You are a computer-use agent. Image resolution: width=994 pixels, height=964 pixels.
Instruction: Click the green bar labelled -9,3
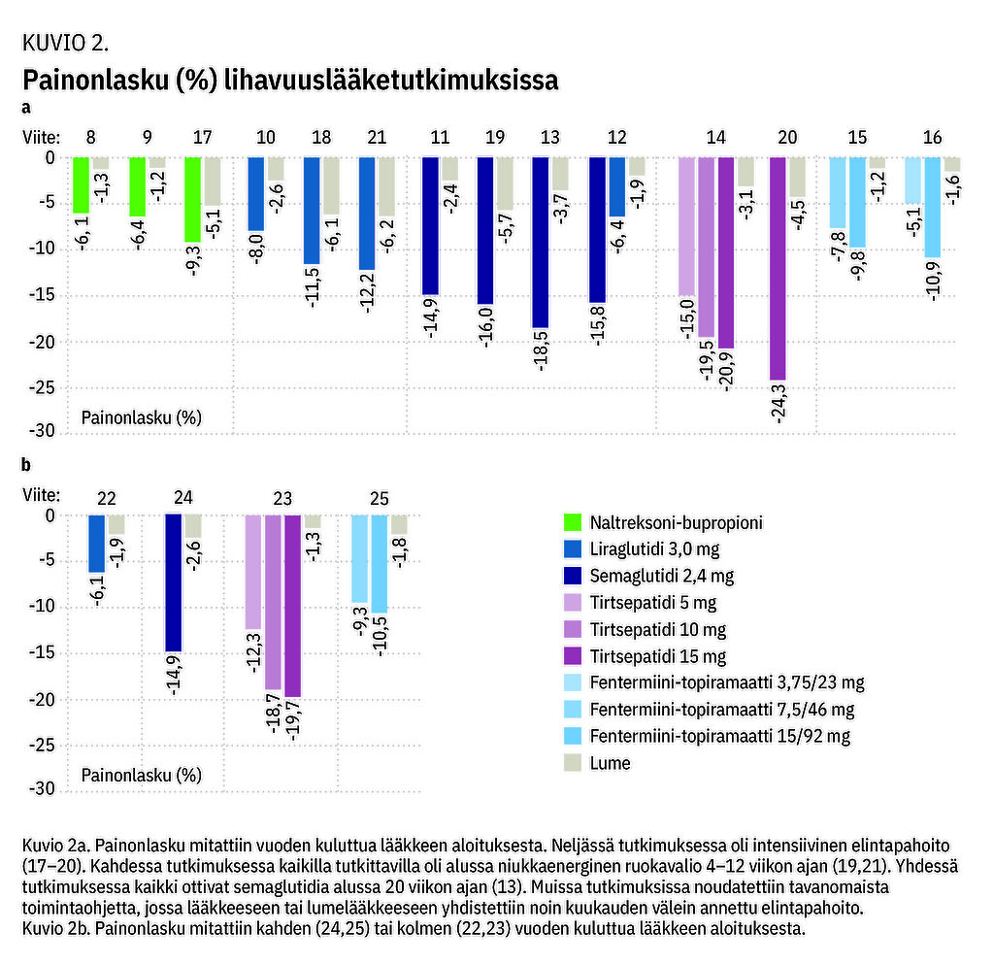pyautogui.click(x=193, y=199)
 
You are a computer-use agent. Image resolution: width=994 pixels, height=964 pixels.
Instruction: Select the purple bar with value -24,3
pyautogui.click(x=778, y=268)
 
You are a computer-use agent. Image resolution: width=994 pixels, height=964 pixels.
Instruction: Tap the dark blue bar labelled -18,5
pyautogui.click(x=540, y=242)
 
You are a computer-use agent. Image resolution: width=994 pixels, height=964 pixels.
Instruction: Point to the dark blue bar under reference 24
pyautogui.click(x=173, y=582)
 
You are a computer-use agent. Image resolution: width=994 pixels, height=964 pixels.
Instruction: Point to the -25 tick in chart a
pyautogui.click(x=43, y=388)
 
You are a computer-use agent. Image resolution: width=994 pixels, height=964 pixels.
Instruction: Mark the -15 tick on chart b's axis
pyautogui.click(x=43, y=653)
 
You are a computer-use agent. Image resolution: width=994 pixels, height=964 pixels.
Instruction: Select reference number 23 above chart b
pyautogui.click(x=282, y=499)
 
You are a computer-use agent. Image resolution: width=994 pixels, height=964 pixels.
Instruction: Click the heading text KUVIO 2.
pyautogui.click(x=63, y=44)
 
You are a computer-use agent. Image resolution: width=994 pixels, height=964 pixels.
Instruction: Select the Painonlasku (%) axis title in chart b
pyautogui.click(x=141, y=775)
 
